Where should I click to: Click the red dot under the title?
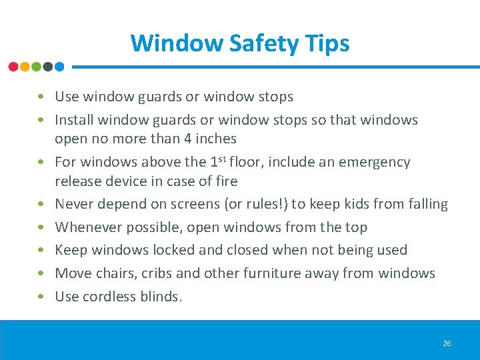coord(13,67)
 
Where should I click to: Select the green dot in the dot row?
coord(36,67)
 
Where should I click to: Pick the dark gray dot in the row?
coord(47,67)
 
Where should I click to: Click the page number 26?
coord(447,343)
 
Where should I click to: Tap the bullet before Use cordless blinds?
coord(42,297)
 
